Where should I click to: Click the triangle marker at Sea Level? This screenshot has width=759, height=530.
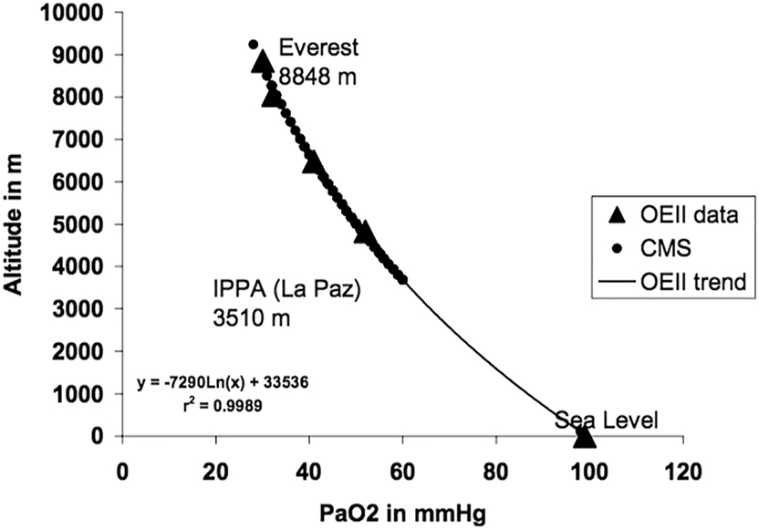584,437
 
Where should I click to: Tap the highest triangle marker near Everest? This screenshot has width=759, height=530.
264,61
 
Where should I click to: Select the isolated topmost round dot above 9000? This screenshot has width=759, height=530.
254,45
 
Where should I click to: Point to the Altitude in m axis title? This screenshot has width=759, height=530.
20,224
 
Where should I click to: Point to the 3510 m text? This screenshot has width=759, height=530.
252,321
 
